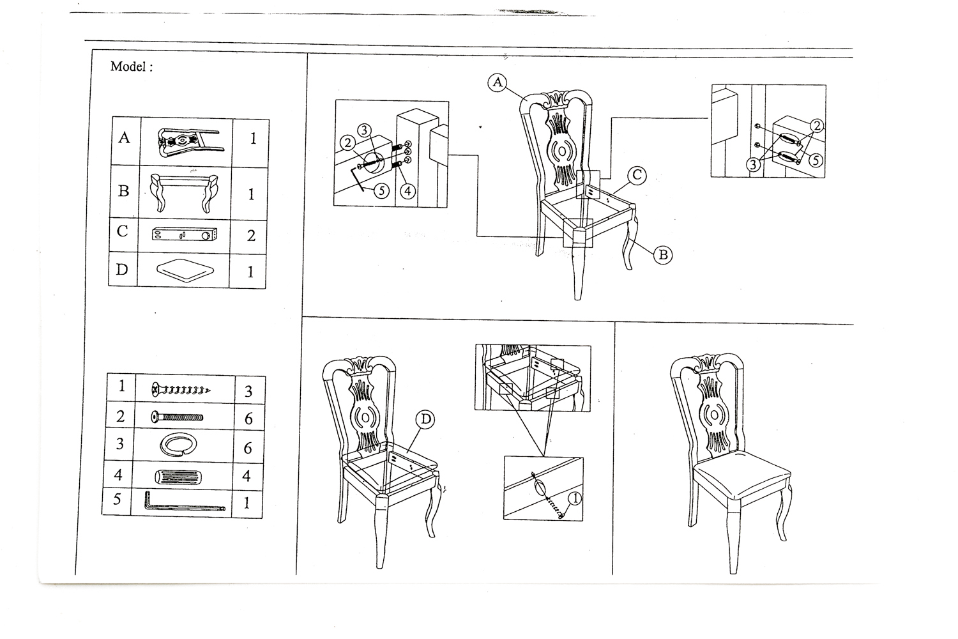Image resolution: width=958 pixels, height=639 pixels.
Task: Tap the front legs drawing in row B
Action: [184, 192]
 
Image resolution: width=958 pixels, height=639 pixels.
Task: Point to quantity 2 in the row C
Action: [251, 235]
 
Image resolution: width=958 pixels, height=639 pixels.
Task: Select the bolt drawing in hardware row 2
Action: [178, 418]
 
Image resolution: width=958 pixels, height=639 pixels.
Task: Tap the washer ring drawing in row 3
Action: [175, 445]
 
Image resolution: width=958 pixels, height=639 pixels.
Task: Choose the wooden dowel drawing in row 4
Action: [175, 477]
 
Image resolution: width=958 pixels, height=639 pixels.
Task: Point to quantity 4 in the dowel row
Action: [247, 477]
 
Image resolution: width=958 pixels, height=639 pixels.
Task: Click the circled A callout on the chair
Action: [497, 82]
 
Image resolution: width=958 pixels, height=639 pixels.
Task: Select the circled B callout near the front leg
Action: [663, 255]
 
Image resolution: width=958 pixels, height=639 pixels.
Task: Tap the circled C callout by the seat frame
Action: [636, 175]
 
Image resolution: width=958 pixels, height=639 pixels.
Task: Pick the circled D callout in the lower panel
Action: [425, 419]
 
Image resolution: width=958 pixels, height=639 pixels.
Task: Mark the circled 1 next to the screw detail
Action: [574, 498]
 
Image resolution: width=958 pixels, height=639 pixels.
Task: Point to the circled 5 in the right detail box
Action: [815, 159]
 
